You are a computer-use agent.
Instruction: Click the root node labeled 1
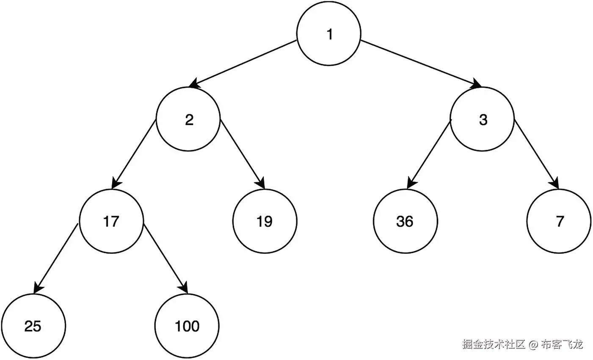pos(329,34)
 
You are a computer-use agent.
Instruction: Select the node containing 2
pos(188,120)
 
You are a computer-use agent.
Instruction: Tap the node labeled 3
pos(483,120)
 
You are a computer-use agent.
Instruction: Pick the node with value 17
pos(111,221)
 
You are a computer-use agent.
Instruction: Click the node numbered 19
pos(265,221)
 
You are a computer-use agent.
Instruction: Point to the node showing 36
pos(405,221)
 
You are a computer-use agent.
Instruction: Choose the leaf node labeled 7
pos(559,221)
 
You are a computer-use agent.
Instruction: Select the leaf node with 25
pos(33,326)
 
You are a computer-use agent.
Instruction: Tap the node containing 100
pos(187,326)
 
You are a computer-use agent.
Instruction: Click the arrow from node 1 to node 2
pos(243,63)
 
